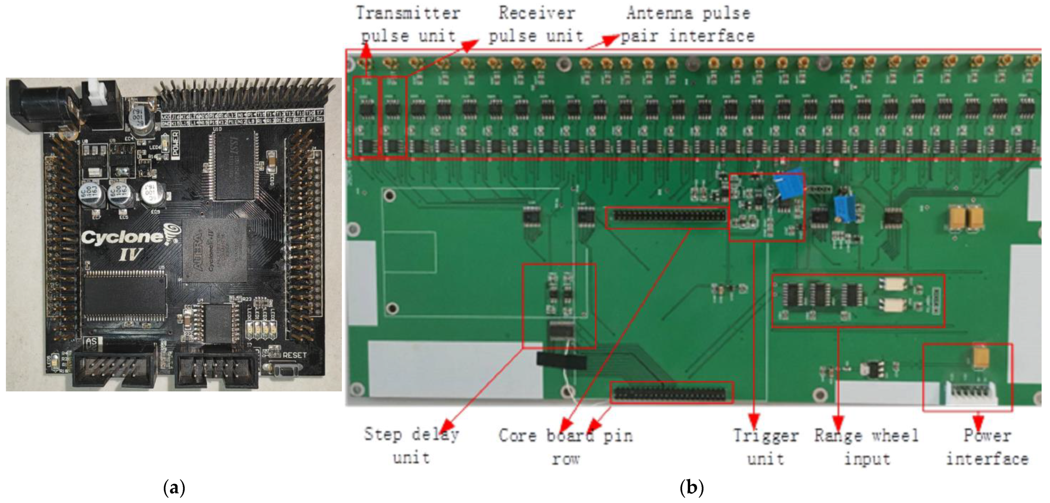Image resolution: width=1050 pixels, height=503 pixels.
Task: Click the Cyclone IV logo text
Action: [x=122, y=245]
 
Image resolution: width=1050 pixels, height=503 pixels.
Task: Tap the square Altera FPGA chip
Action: [x=214, y=251]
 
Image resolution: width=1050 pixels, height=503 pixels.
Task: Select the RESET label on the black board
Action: [x=294, y=355]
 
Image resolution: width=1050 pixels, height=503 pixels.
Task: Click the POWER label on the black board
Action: [x=175, y=143]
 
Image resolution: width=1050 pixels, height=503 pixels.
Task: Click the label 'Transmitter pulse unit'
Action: [x=408, y=24]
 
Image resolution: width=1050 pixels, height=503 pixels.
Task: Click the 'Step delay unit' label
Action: [x=412, y=446]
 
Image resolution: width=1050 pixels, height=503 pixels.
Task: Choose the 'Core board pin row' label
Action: [x=566, y=447]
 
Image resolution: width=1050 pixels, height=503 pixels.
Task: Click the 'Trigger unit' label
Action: [x=765, y=447]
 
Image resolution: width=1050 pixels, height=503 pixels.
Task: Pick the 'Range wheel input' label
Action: [x=867, y=447]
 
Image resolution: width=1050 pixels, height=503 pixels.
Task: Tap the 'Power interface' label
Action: [x=987, y=447]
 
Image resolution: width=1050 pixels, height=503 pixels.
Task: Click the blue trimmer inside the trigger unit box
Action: [x=790, y=186]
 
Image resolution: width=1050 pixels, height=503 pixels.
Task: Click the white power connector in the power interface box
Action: [x=972, y=393]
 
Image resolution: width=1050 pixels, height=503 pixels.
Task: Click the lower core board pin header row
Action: [x=670, y=393]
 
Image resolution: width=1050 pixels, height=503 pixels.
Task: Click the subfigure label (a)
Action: [x=174, y=487]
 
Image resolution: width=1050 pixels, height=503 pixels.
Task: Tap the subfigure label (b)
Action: [x=692, y=487]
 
